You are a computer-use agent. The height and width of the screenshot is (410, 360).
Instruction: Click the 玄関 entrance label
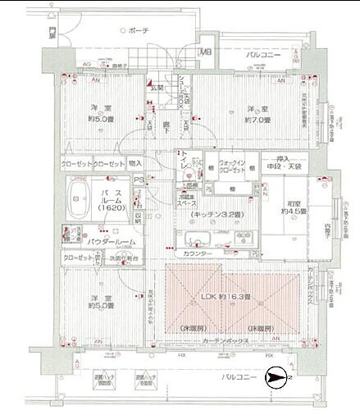[156, 88]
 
